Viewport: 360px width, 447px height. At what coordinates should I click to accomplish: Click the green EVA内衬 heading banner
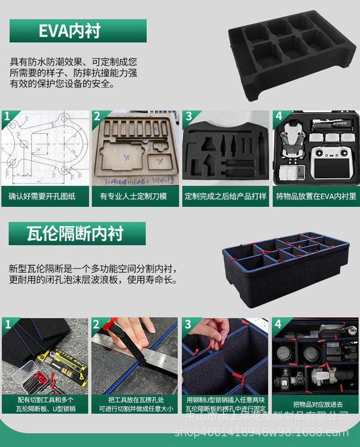click(x=77, y=31)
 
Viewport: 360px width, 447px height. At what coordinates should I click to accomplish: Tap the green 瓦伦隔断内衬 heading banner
click(x=77, y=233)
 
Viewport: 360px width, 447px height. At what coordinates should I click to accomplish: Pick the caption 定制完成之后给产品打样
click(x=225, y=196)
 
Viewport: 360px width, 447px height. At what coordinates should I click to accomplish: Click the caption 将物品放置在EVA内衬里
click(x=316, y=196)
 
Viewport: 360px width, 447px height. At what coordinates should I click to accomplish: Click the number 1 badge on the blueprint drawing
click(x=7, y=117)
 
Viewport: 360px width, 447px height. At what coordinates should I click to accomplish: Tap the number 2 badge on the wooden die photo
click(x=97, y=117)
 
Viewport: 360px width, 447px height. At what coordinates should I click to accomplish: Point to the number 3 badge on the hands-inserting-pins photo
click(x=188, y=324)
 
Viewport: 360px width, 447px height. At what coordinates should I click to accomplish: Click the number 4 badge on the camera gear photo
click(x=278, y=324)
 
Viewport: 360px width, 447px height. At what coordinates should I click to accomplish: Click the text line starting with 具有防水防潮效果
click(x=73, y=62)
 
